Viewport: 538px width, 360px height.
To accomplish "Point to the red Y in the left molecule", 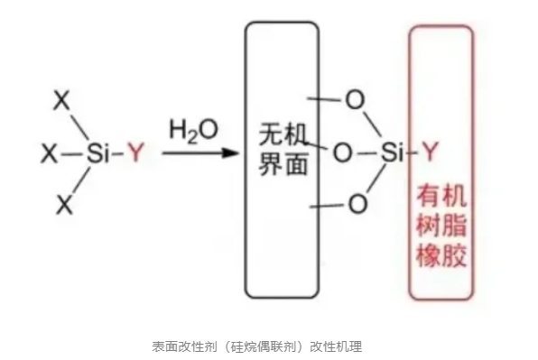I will point(135,154).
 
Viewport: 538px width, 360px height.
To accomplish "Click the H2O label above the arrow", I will point(193,129).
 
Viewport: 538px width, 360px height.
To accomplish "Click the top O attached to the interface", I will point(357,100).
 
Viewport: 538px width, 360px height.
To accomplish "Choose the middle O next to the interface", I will point(341,152).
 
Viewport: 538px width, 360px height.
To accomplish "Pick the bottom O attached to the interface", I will point(357,206).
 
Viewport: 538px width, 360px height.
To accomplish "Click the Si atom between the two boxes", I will point(391,152).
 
